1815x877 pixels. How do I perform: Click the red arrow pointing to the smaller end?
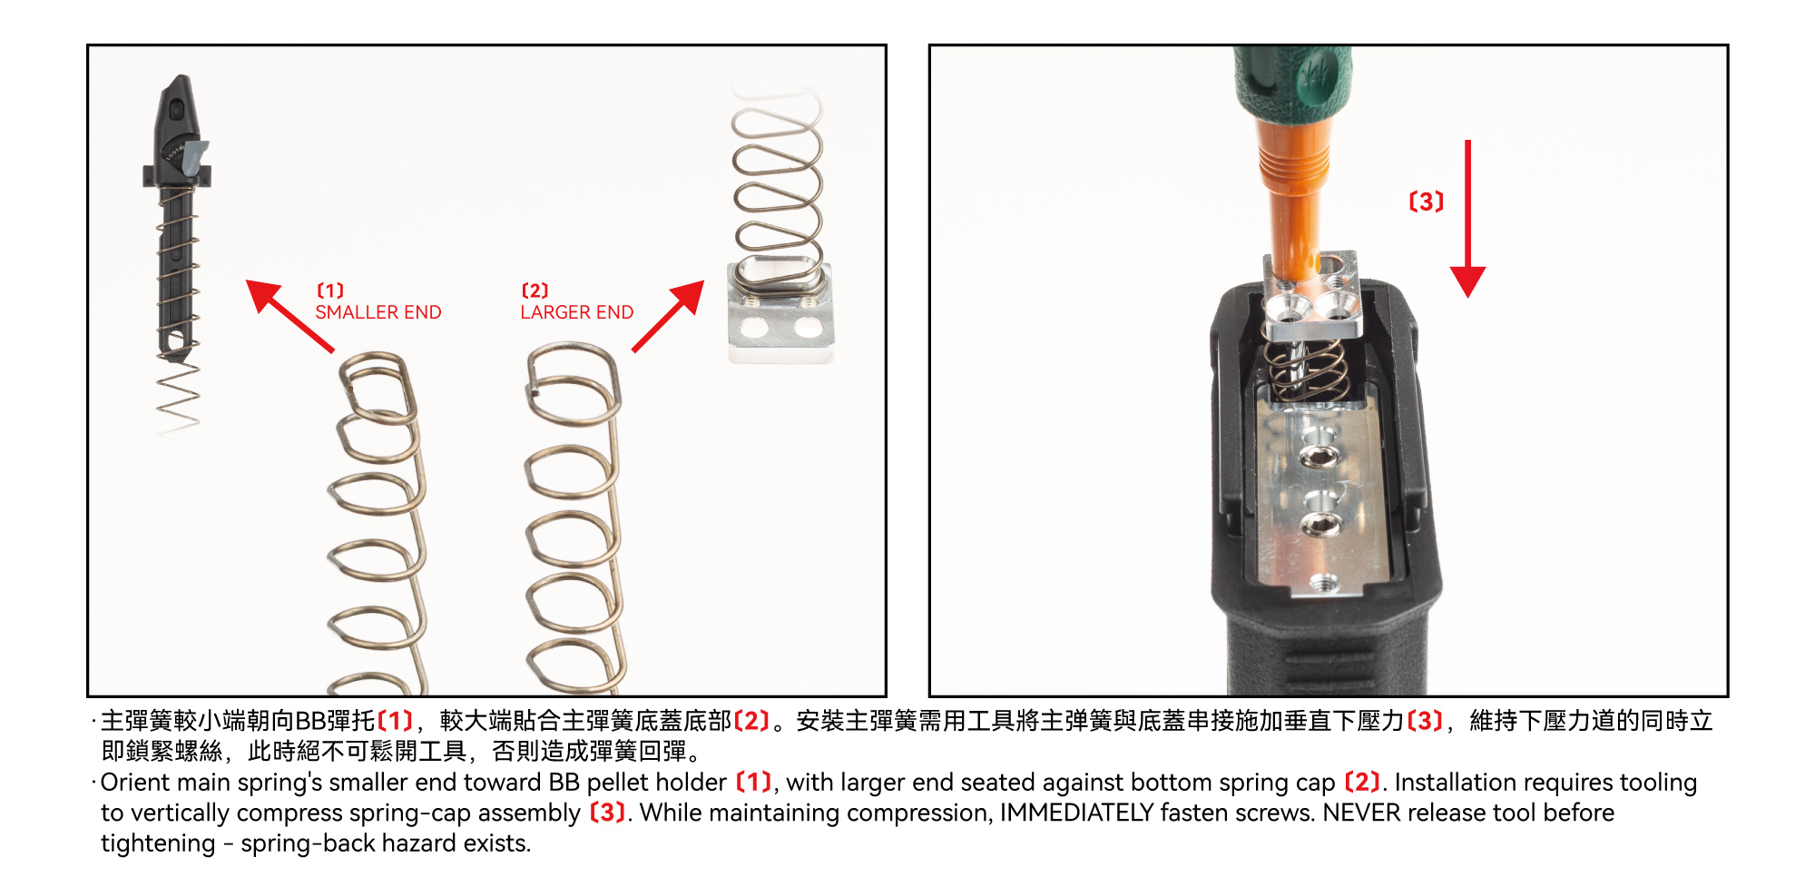click(x=289, y=315)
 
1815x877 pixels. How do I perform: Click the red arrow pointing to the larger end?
click(x=669, y=315)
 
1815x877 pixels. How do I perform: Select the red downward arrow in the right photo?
click(x=1467, y=219)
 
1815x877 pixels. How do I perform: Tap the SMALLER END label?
click(x=378, y=312)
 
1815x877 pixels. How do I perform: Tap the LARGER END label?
click(x=577, y=312)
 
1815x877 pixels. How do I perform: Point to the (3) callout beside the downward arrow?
click(x=1426, y=202)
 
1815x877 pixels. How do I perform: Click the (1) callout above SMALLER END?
click(x=330, y=291)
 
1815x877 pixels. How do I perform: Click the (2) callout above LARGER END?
click(x=535, y=291)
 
